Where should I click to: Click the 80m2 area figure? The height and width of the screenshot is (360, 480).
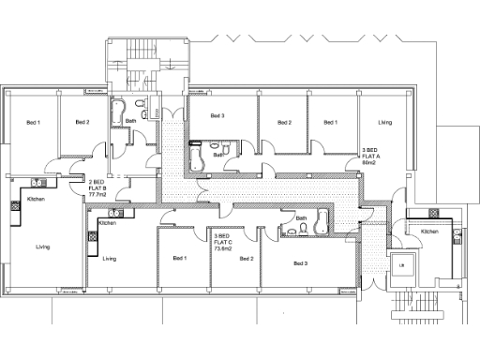coord(368,162)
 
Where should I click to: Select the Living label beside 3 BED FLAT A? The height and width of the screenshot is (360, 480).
coord(384,123)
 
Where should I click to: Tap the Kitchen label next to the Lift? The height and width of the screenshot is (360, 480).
coord(429,231)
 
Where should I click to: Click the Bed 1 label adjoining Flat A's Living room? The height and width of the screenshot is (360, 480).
coord(330,123)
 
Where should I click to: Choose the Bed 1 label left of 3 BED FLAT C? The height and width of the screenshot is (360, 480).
coord(180,258)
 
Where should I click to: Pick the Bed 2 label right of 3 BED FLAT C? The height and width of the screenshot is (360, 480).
coord(247,258)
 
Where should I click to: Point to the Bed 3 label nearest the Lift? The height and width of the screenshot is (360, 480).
coord(299,263)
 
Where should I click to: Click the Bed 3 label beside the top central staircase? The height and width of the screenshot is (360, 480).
coord(217,116)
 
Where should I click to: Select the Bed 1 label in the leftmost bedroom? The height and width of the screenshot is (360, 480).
coord(33,123)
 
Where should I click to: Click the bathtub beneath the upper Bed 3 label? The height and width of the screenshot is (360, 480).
coord(196,157)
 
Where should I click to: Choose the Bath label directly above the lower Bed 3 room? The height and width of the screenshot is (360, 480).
coord(301,218)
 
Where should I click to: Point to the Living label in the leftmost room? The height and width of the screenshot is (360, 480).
coord(43,247)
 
